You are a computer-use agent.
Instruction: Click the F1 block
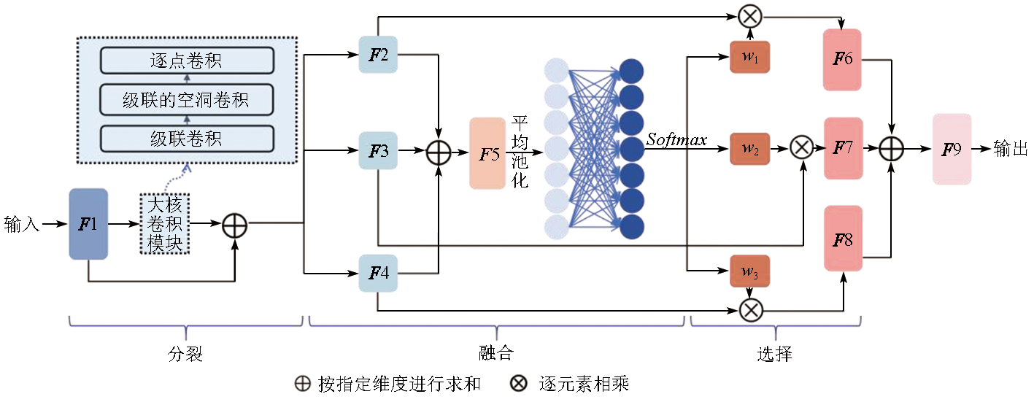[88, 223]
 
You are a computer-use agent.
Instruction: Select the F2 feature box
[378, 55]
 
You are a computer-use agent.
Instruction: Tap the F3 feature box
[378, 151]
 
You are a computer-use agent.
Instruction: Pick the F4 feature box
[378, 273]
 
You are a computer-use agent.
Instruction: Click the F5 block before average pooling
[488, 153]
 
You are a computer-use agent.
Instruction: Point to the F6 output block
[842, 59]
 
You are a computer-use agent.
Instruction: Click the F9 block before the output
[952, 149]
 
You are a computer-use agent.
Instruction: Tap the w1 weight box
[749, 58]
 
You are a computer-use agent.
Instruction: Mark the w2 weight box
[749, 148]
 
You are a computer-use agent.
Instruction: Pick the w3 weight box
[749, 271]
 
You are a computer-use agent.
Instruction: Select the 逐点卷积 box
[186, 60]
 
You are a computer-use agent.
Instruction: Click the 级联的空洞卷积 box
[186, 98]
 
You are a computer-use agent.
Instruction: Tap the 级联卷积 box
[186, 138]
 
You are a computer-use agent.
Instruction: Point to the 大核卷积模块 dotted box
[164, 224]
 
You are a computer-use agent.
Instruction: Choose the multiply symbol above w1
[749, 15]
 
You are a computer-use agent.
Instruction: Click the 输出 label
[1011, 150]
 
